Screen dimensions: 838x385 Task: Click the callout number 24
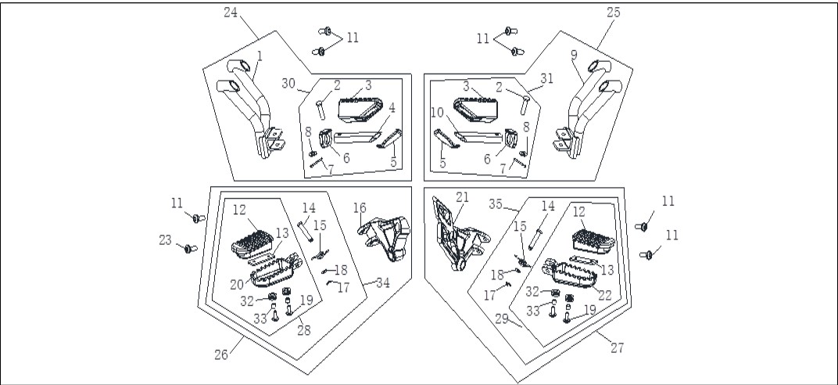pyautogui.click(x=231, y=13)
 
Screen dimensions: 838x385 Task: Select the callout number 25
pyautogui.click(x=614, y=13)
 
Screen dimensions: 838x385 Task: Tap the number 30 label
pyautogui.click(x=288, y=84)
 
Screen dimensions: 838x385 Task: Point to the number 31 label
pyautogui.click(x=546, y=78)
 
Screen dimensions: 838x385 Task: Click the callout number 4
pyautogui.click(x=392, y=107)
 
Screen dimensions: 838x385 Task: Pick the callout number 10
pyautogui.click(x=437, y=113)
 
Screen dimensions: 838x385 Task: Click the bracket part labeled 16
pyautogui.click(x=385, y=238)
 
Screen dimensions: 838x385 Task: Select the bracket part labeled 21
pyautogui.click(x=459, y=234)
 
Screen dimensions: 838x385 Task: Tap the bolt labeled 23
pyautogui.click(x=190, y=249)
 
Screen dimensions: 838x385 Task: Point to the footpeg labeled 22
pyautogui.click(x=570, y=273)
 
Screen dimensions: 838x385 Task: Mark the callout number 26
pyautogui.click(x=221, y=354)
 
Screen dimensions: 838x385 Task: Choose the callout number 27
pyautogui.click(x=618, y=348)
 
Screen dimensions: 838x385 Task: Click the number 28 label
pyautogui.click(x=303, y=330)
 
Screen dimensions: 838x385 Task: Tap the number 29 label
pyautogui.click(x=501, y=319)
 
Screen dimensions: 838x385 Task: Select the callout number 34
pyautogui.click(x=383, y=282)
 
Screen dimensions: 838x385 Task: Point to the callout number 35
pyautogui.click(x=496, y=203)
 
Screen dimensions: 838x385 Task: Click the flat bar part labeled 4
pyautogui.click(x=357, y=137)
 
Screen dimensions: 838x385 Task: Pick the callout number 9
pyautogui.click(x=574, y=55)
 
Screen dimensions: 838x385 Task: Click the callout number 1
pyautogui.click(x=260, y=56)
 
